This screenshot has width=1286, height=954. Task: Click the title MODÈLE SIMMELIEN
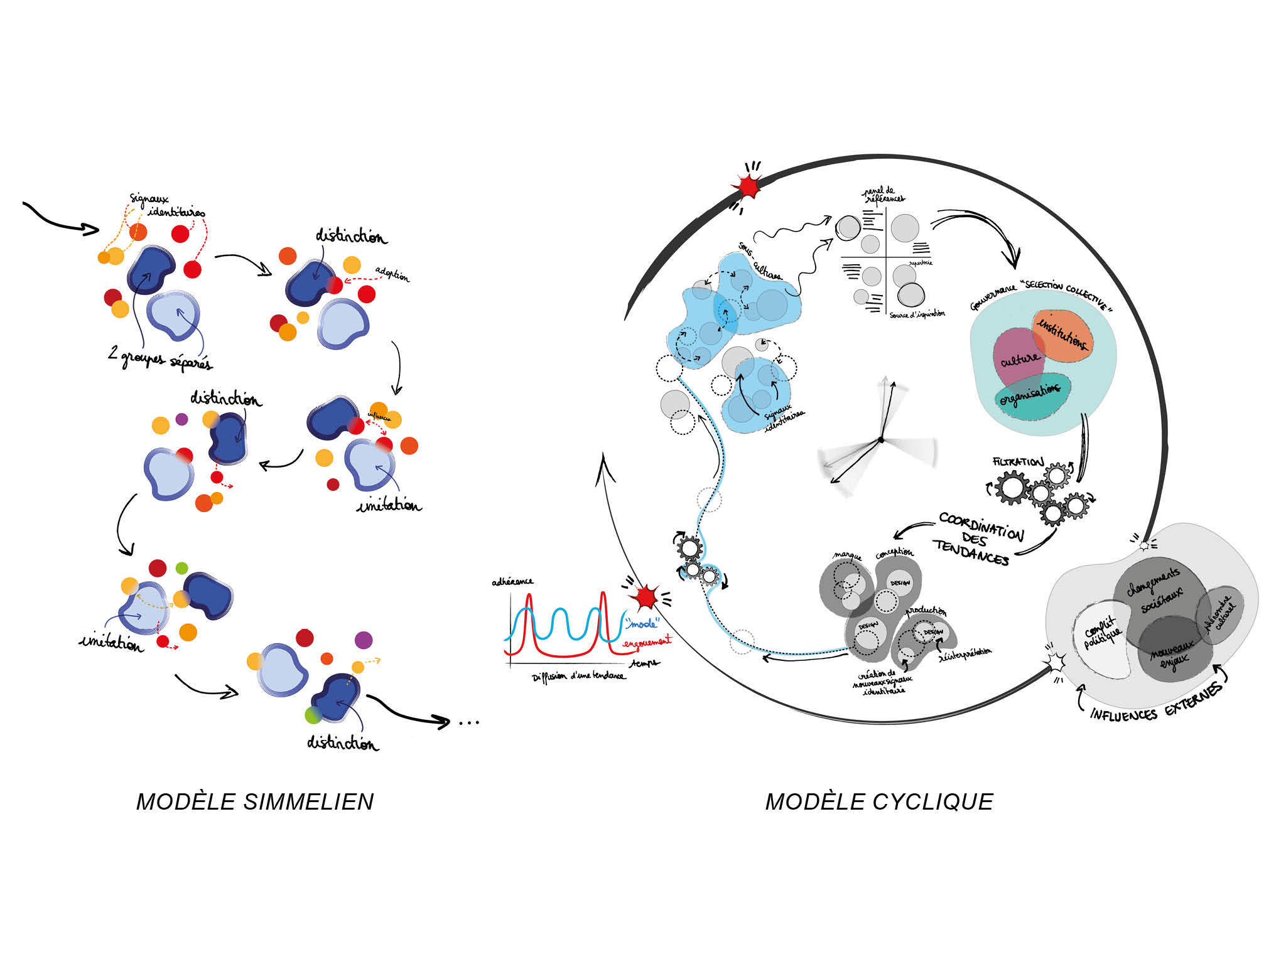[255, 802]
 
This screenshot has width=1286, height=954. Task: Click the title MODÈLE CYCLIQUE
[879, 802]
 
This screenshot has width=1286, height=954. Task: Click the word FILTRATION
[1018, 462]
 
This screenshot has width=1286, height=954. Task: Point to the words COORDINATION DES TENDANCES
[976, 539]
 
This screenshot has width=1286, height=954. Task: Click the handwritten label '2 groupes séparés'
[159, 358]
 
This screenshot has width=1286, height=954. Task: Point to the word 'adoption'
[392, 274]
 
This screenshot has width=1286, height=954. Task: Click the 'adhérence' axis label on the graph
[512, 582]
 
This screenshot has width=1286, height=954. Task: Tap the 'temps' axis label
[646, 663]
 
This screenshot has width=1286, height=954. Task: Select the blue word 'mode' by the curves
[642, 623]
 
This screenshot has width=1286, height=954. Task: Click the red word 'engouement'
[647, 642]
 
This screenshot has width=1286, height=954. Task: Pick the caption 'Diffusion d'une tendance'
[578, 677]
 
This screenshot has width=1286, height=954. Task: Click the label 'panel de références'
[882, 195]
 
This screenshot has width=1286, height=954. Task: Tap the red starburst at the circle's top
[748, 186]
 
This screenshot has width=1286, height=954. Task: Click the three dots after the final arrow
[469, 723]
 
